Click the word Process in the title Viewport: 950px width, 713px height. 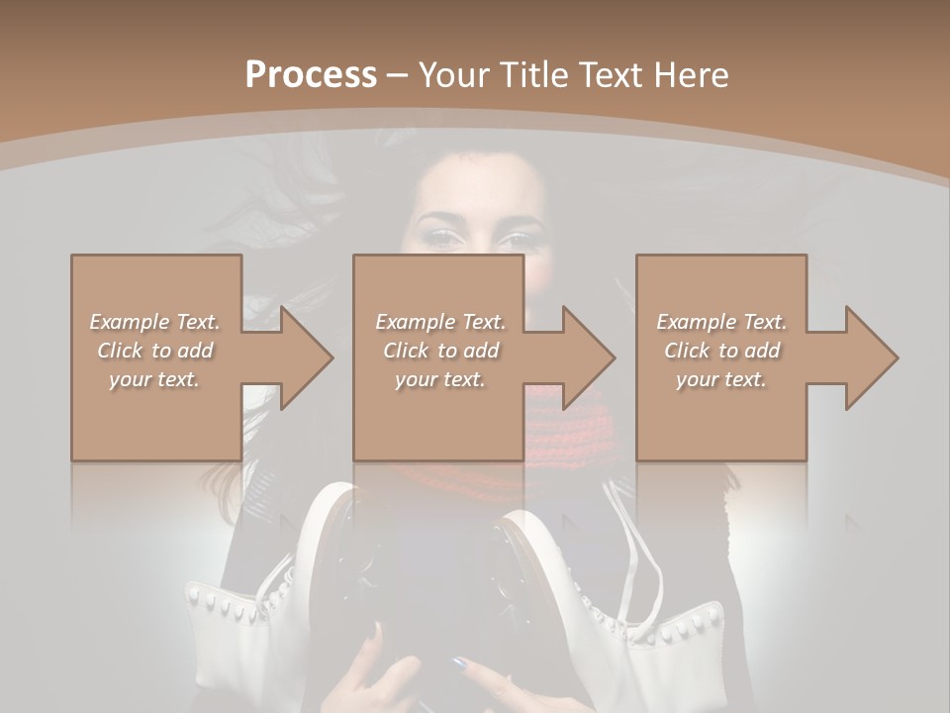pyautogui.click(x=311, y=74)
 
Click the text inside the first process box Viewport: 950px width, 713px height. pyautogui.click(x=155, y=350)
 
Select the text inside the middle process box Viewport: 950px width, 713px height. pyautogui.click(x=440, y=350)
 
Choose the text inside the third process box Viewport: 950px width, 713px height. pyautogui.click(x=721, y=350)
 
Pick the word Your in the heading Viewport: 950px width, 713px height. pyautogui.click(x=453, y=74)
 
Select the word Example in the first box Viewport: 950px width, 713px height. pyautogui.click(x=129, y=321)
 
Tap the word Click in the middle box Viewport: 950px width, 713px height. pyautogui.click(x=405, y=350)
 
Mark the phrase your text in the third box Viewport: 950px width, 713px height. pyautogui.click(x=721, y=378)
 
